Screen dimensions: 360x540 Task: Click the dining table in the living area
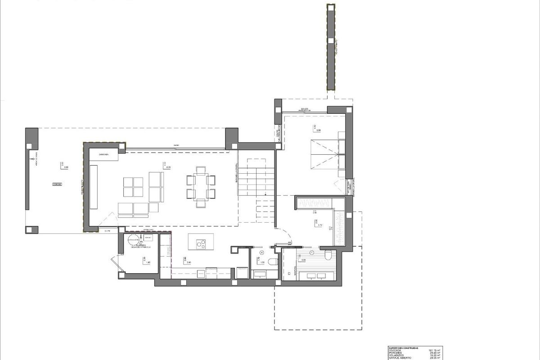tap(200, 186)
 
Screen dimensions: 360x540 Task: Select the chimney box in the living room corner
tap(104, 155)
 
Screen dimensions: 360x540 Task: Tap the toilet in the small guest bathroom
tap(272, 262)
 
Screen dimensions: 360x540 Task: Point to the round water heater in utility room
tap(133, 239)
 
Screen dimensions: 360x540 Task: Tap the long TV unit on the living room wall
tap(94, 187)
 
